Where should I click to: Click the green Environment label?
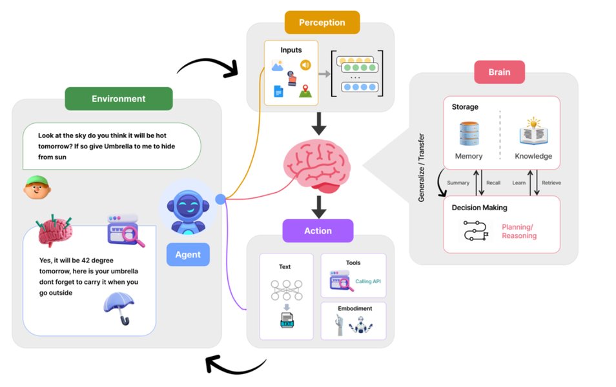[x=118, y=99]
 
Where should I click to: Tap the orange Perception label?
[x=322, y=23]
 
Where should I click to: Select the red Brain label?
[x=499, y=72]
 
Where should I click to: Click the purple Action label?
[x=318, y=230]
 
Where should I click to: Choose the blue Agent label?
[x=188, y=254]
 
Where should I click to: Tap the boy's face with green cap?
[x=37, y=188]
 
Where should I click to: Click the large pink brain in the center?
[x=318, y=166]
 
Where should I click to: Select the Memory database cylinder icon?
[x=468, y=134]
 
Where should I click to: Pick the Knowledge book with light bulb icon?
[x=533, y=132]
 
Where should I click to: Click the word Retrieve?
[x=551, y=183]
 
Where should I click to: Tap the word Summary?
[x=458, y=183]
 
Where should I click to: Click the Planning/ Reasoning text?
[x=519, y=231]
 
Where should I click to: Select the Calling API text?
[x=368, y=281]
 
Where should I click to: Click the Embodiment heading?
[x=354, y=309]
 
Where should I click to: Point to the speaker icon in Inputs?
[x=305, y=64]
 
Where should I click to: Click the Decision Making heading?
[x=479, y=208]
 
